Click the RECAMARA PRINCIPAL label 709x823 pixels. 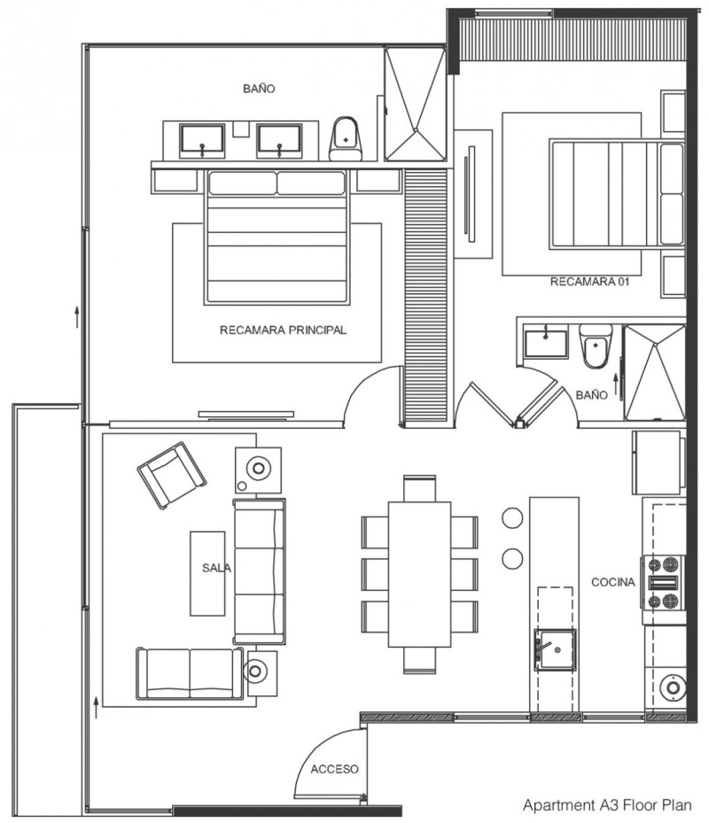[x=283, y=330]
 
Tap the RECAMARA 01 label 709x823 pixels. [x=589, y=282]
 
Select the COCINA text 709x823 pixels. [x=613, y=582]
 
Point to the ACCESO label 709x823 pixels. [x=334, y=769]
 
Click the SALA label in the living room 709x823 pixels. [x=216, y=568]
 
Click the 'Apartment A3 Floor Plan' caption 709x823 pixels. [x=607, y=805]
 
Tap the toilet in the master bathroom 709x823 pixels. [x=346, y=138]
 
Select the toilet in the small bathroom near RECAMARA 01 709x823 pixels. [x=596, y=346]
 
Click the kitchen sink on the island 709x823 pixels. [x=555, y=649]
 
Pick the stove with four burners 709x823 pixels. [x=663, y=583]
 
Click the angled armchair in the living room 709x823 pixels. [x=171, y=475]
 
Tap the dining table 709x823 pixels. [x=419, y=574]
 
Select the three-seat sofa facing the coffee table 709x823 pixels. [x=260, y=571]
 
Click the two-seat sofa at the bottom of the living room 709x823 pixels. [x=191, y=673]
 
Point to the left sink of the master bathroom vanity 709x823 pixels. [x=202, y=141]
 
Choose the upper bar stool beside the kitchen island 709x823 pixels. [x=512, y=517]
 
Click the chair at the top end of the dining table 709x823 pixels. [x=419, y=489]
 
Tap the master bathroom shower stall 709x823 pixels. [x=416, y=104]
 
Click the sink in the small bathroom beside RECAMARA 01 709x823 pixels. [x=546, y=344]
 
